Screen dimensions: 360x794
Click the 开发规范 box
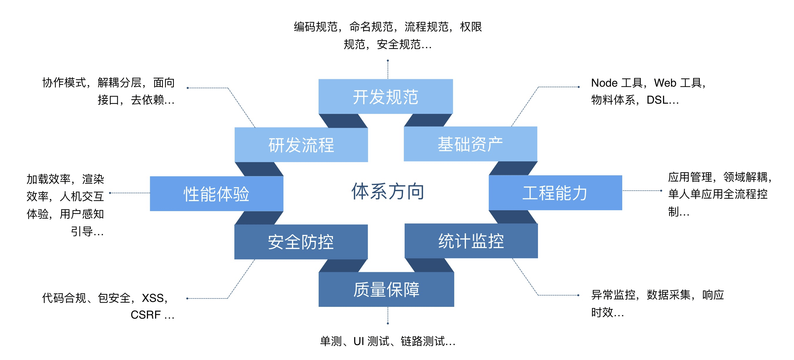[x=385, y=97]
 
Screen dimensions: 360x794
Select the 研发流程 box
[x=301, y=144]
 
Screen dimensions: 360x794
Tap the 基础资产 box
[x=470, y=144]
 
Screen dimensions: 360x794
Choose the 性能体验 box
[x=216, y=194]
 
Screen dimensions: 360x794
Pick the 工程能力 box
[x=555, y=193]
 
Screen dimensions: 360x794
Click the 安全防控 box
[x=301, y=242]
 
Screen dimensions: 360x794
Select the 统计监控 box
[x=471, y=241]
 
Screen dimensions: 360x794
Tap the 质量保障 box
[x=386, y=289]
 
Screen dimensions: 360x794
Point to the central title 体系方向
[x=388, y=191]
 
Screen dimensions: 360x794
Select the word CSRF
[x=145, y=315]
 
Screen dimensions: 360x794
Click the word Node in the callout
[x=604, y=83]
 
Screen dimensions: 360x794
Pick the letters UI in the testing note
[x=359, y=341]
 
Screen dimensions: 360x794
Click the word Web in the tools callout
[x=665, y=83]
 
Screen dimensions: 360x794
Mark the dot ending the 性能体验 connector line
[x=110, y=193]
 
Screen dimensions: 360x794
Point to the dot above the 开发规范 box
[x=388, y=61]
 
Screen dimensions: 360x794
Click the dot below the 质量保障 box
[x=388, y=323]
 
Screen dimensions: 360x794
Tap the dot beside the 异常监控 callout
[x=578, y=295]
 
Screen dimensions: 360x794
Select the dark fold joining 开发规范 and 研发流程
[x=343, y=120]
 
